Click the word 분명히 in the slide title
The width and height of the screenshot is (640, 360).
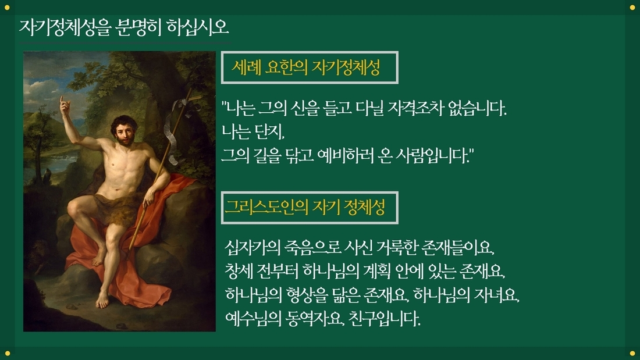pyautogui.click(x=137, y=27)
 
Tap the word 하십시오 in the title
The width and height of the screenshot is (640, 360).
pyautogui.click(x=198, y=27)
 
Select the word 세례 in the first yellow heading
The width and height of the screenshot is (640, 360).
pyautogui.click(x=246, y=67)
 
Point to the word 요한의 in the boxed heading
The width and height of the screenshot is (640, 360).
pyautogui.click(x=286, y=67)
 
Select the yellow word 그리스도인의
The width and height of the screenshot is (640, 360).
pyautogui.click(x=266, y=207)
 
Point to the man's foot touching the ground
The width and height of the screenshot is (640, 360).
pyautogui.click(x=102, y=301)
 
